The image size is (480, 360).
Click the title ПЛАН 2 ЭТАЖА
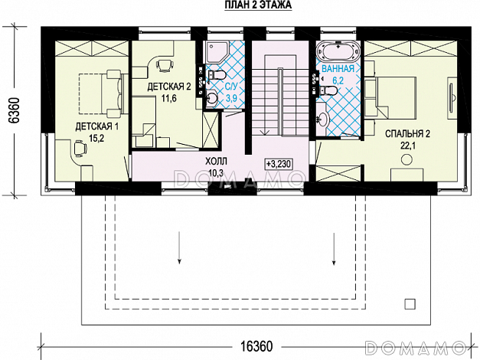click(258, 5)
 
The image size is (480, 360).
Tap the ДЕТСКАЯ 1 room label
click(96, 127)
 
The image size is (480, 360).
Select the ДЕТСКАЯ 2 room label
click(169, 87)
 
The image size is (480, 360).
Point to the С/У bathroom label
click(231, 87)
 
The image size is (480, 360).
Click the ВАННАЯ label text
click(338, 69)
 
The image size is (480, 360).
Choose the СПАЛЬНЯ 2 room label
click(407, 134)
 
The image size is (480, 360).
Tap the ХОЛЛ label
click(216, 161)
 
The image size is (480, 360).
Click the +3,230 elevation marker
click(278, 164)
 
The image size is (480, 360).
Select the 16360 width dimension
click(256, 346)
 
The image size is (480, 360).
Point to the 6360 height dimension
click(15, 110)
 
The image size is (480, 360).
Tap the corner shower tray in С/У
click(217, 52)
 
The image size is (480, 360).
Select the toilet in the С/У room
click(217, 75)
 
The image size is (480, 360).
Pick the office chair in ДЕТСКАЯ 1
click(80, 149)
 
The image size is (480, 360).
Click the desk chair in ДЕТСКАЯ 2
click(165, 65)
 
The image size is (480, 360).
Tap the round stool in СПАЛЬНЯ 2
click(407, 159)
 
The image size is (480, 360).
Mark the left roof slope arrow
click(179, 247)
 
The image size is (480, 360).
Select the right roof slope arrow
click(334, 248)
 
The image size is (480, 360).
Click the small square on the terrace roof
click(410, 304)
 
